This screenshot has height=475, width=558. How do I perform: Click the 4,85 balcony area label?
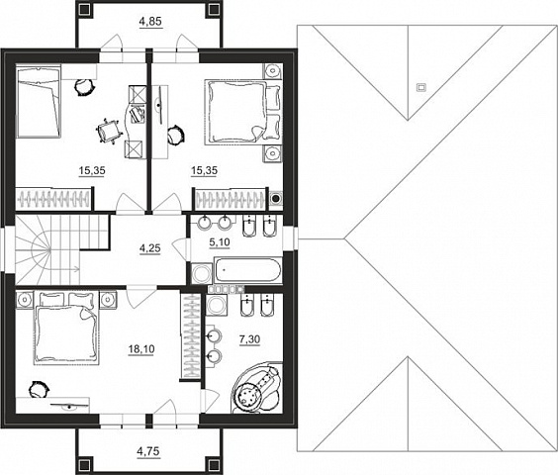pos(150,22)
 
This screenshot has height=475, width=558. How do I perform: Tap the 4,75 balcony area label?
pos(148,452)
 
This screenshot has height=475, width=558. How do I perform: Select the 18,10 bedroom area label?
pos(141,349)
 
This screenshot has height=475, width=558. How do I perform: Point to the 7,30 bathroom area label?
pos(249,340)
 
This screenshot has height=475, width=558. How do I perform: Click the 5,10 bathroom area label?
pos(220,242)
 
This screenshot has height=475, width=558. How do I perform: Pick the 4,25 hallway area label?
pos(149,248)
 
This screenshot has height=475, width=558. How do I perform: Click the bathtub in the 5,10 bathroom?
pos(247,270)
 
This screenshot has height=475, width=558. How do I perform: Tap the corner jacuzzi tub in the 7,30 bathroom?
pos(256,388)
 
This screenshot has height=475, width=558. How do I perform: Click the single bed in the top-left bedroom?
pos(39,101)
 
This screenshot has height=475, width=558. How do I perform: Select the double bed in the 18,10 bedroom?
pos(65,329)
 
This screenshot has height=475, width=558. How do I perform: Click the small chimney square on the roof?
pos(421,87)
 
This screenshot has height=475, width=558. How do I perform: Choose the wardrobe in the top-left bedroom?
pos(53,199)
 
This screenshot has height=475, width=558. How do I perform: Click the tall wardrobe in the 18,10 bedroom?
pos(192,335)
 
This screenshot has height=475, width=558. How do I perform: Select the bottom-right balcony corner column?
pos(213,465)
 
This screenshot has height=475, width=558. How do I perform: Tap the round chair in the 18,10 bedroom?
pos(38,389)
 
